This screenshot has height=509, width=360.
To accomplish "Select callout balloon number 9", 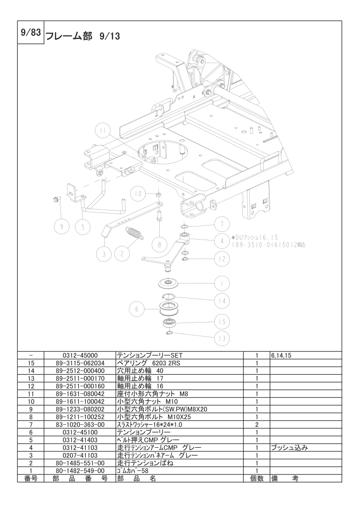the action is [x=62, y=226].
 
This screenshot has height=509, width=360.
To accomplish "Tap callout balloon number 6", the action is [x=137, y=309].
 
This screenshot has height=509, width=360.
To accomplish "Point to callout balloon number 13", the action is [x=222, y=338].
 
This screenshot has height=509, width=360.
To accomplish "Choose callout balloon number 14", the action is [x=222, y=301].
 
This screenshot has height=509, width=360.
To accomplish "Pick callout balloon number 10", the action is [x=138, y=194].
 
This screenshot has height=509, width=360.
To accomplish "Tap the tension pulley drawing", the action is [x=168, y=309].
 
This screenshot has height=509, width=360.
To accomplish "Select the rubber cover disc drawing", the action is [x=169, y=282].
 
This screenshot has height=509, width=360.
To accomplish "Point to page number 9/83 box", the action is [x=30, y=33].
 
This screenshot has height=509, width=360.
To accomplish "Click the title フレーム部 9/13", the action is [x=83, y=36].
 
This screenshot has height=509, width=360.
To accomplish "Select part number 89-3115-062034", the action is [x=79, y=363].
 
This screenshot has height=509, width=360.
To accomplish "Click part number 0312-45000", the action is [x=79, y=356].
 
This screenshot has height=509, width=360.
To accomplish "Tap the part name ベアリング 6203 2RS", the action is [x=148, y=363].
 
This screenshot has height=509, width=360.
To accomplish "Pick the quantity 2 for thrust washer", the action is [x=256, y=424].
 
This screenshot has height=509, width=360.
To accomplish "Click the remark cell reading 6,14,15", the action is [x=281, y=356].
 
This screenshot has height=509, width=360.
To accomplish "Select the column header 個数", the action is [x=256, y=479].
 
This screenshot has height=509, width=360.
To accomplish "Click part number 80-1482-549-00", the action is [x=79, y=471].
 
